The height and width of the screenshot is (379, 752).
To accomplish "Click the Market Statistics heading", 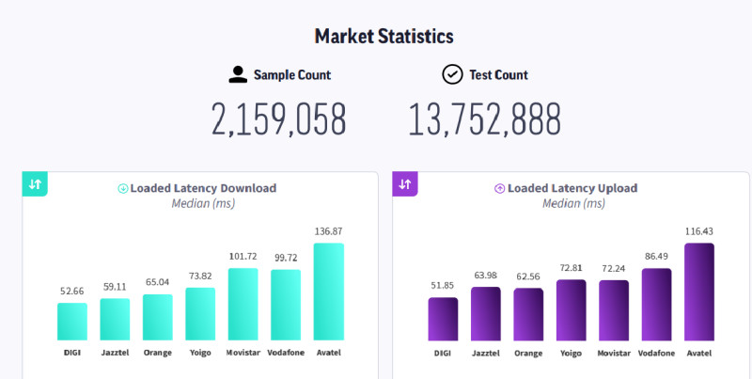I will [x=384, y=37].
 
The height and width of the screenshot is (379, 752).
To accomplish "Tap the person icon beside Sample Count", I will [x=238, y=74].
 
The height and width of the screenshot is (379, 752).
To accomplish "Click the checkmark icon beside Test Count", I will [x=452, y=74].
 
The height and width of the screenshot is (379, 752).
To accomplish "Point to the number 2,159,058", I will [x=279, y=119].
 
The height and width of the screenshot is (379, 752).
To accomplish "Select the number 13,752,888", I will [x=484, y=119].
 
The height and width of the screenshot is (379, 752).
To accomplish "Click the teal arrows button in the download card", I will [x=35, y=183].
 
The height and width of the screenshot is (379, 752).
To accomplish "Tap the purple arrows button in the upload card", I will [x=405, y=183].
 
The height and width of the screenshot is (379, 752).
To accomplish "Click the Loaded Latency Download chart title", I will [x=203, y=188].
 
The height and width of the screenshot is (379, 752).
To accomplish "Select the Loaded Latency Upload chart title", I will [x=572, y=188].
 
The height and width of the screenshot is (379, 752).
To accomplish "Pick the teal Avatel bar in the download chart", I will [x=328, y=292].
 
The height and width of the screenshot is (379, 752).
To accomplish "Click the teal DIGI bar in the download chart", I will [x=72, y=321].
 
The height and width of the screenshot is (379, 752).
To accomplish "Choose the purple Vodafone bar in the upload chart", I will [x=656, y=304].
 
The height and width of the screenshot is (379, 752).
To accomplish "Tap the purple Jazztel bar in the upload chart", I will [x=485, y=313].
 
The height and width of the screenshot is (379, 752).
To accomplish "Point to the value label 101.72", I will [x=243, y=257].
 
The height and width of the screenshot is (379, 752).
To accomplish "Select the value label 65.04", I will [x=157, y=282].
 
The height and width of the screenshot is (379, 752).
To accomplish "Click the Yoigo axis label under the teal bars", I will [x=200, y=353].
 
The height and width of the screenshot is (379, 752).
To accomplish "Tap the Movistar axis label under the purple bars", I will [x=614, y=353].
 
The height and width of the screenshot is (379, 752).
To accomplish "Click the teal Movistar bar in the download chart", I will [x=243, y=304].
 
